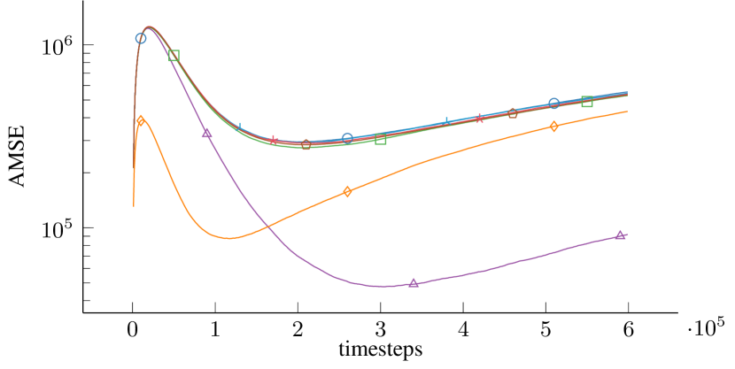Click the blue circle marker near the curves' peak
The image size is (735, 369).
(x=141, y=39)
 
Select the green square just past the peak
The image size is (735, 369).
(x=174, y=56)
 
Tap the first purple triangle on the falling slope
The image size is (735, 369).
(x=207, y=133)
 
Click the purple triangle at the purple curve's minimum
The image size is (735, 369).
(x=414, y=283)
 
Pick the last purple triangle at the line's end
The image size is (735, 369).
(x=620, y=234)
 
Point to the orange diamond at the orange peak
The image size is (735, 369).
(x=141, y=120)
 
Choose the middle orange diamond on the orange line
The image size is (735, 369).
(x=347, y=191)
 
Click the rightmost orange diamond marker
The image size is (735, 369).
(x=553, y=127)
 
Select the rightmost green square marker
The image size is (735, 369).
(x=587, y=102)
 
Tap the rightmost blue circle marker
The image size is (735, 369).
(x=553, y=104)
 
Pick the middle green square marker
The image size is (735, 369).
(x=381, y=139)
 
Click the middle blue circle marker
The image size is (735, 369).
(x=347, y=138)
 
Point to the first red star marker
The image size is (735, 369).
(x=274, y=140)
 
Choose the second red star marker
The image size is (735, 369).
(x=479, y=118)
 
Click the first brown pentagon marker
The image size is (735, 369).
(x=306, y=144)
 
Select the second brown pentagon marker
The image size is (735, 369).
(x=513, y=113)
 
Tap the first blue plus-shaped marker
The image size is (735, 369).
(x=240, y=127)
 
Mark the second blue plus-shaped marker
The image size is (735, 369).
(x=446, y=122)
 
